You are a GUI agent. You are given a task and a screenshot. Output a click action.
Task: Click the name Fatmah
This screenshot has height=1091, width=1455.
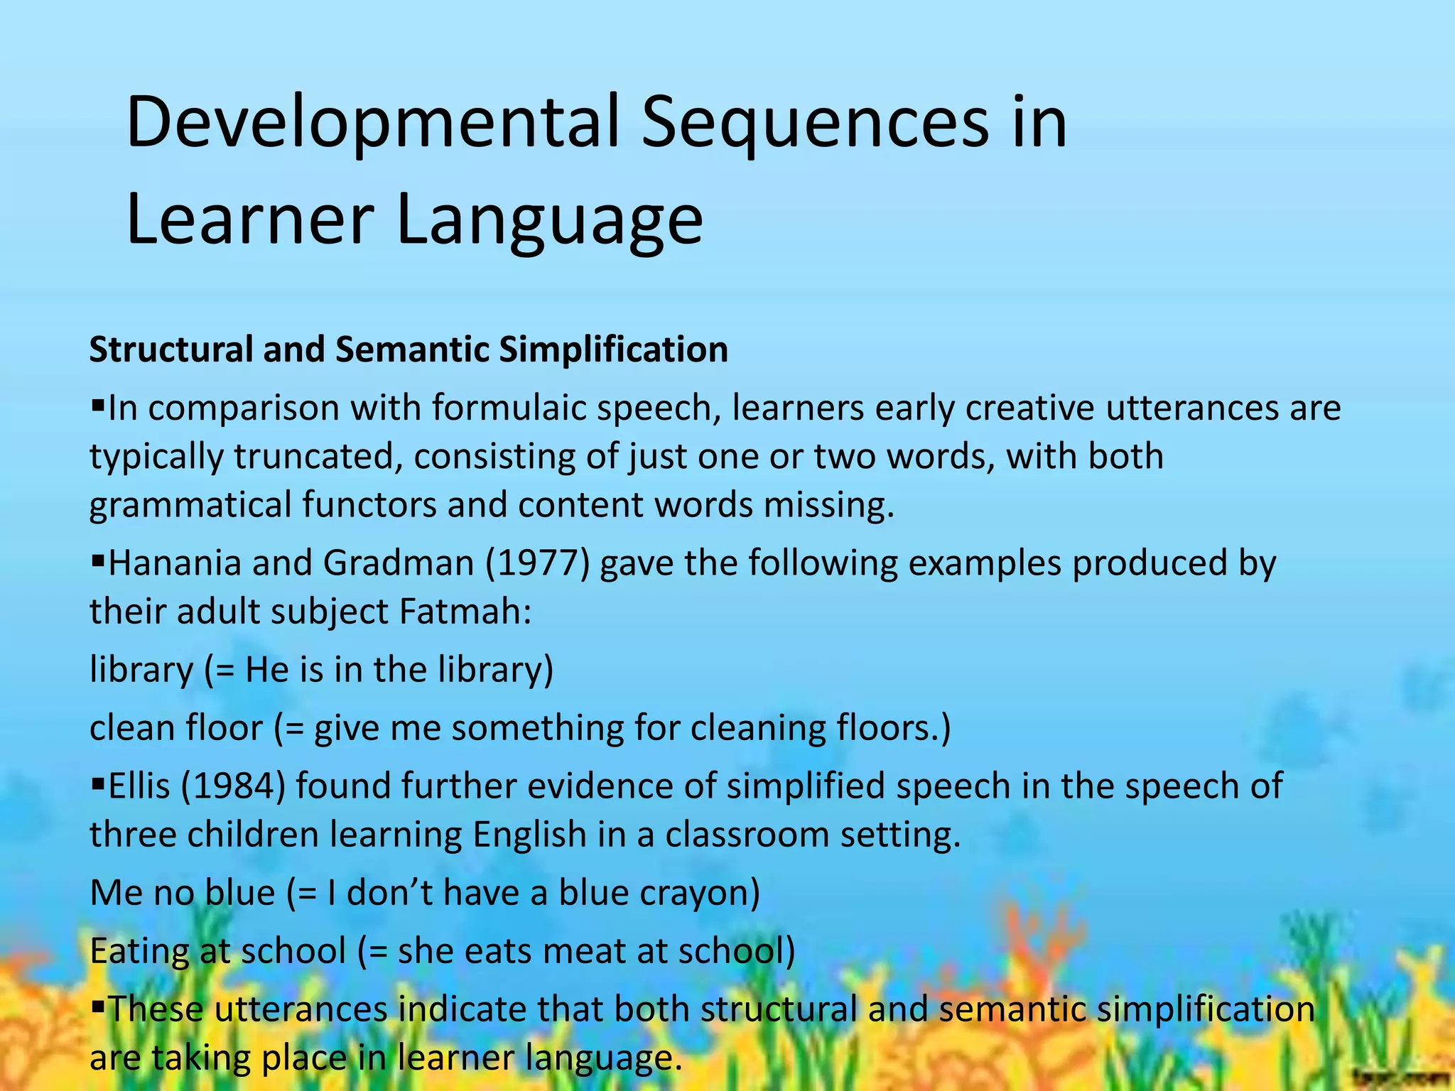tap(465, 612)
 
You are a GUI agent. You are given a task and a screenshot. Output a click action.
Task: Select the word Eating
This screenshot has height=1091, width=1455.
tap(139, 951)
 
